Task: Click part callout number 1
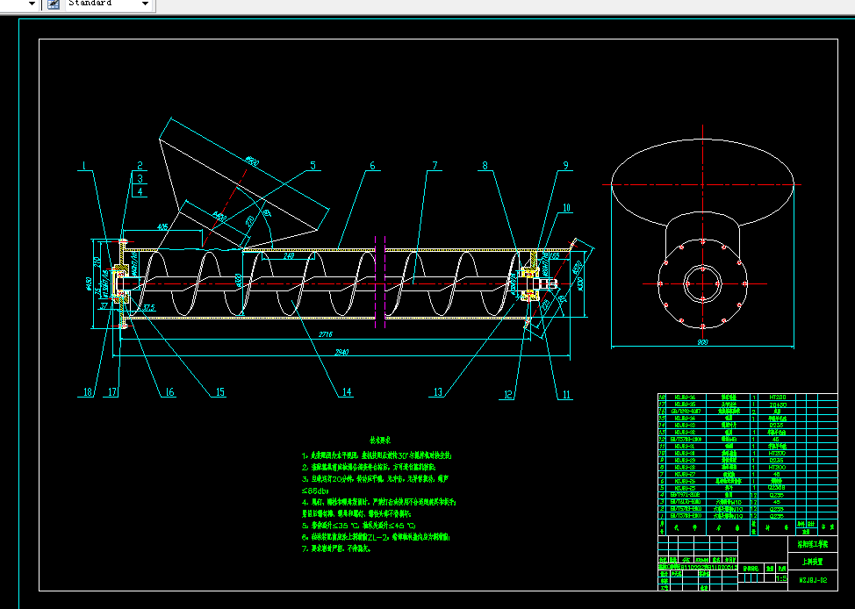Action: [x=84, y=165]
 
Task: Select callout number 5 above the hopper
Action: [x=313, y=165]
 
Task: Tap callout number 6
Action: [x=372, y=165]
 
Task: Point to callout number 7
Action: [x=434, y=165]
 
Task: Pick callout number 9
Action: [x=566, y=165]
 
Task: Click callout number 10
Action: [x=567, y=208]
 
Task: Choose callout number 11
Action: [x=566, y=395]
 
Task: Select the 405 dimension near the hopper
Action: [x=163, y=226]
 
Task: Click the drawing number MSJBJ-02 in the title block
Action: [x=812, y=579]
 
